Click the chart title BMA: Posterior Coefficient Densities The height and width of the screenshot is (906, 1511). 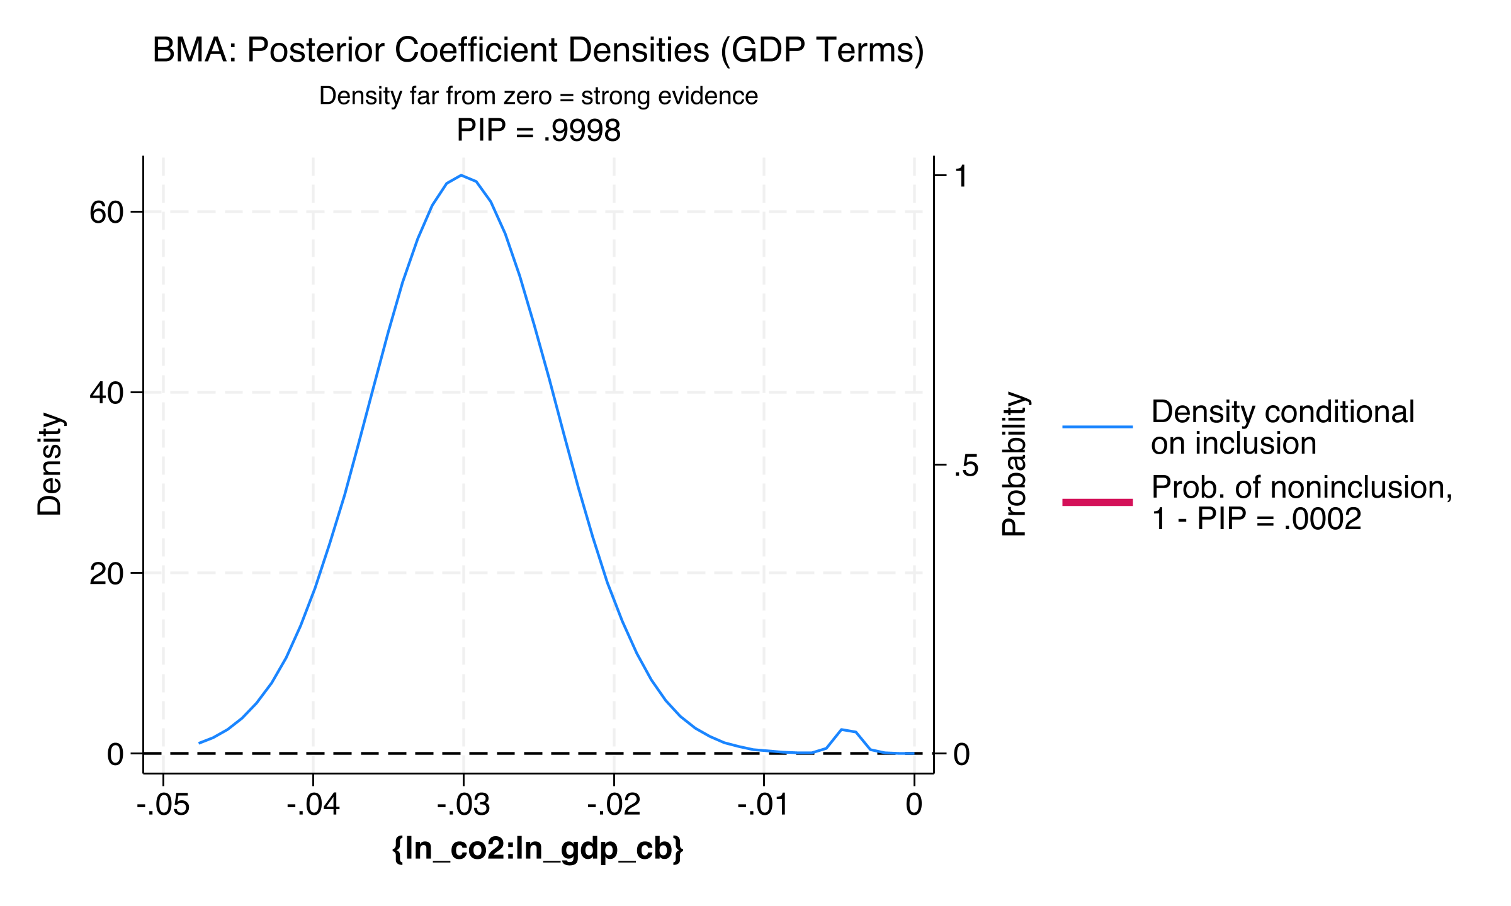(x=538, y=50)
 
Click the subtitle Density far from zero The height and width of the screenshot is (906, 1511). (x=538, y=96)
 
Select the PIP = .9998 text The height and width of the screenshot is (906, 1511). (x=538, y=131)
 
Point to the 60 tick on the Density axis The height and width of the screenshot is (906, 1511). (x=106, y=212)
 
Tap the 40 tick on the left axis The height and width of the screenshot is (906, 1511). (x=106, y=393)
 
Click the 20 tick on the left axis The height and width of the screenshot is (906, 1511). (x=106, y=573)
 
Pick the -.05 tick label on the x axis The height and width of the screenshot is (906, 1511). (x=163, y=805)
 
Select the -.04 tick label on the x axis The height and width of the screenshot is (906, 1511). (x=313, y=805)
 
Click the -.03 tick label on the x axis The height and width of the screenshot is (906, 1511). (x=463, y=805)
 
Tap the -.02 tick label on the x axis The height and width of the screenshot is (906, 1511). (x=614, y=805)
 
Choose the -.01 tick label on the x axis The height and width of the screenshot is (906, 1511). (x=763, y=805)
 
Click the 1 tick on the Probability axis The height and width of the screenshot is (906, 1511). (x=961, y=176)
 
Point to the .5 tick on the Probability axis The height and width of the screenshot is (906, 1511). (x=966, y=466)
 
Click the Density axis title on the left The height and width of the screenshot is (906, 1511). (x=50, y=464)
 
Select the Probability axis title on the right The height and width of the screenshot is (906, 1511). (x=1014, y=464)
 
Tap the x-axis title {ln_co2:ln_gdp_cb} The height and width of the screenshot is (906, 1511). (x=537, y=849)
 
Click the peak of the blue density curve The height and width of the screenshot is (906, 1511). (x=462, y=176)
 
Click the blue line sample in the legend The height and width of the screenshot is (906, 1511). (x=1097, y=427)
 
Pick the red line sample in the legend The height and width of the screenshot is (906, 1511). (x=1097, y=502)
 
